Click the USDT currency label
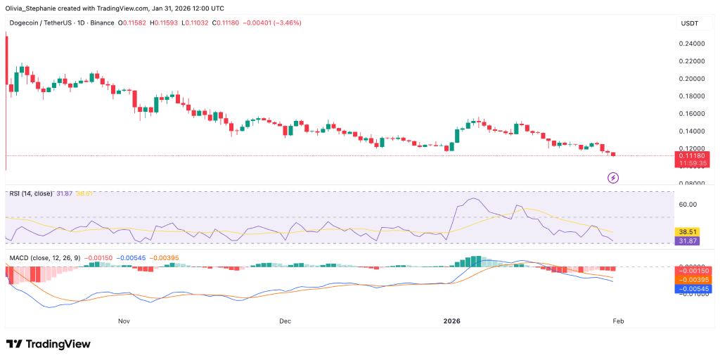point(688,23)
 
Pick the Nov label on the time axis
point(124,321)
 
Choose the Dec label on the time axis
point(285,321)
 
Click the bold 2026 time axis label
point(451,321)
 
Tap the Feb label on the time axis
point(618,321)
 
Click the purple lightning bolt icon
point(612,178)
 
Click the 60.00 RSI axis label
point(688,205)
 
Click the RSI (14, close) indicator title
point(32,193)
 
